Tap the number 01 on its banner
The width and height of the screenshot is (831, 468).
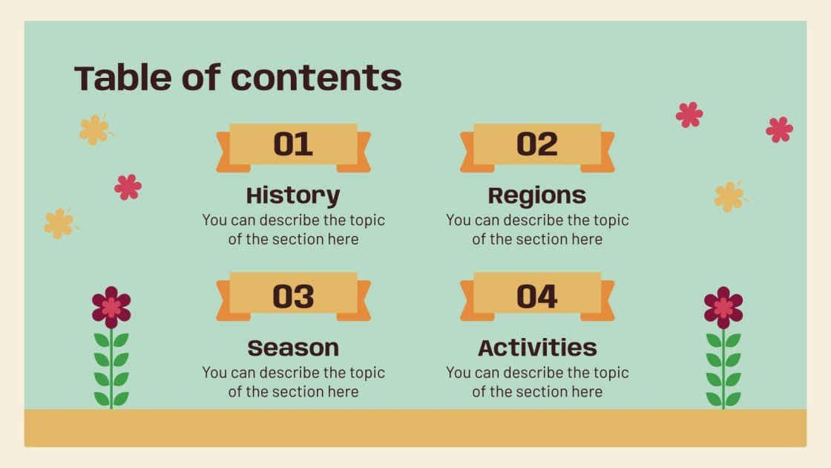[293, 144]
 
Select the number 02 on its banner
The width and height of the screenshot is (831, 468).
[537, 144]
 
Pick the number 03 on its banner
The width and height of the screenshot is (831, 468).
[293, 296]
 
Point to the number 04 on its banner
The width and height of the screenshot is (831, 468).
[537, 296]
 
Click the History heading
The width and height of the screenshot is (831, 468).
[293, 195]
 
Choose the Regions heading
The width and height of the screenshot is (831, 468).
[537, 195]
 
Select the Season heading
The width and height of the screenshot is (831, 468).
[293, 348]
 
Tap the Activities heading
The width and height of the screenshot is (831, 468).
[537, 348]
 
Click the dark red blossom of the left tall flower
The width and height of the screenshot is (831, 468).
[111, 307]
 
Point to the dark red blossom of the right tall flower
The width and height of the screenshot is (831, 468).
[723, 307]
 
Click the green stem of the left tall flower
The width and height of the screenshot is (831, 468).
[111, 371]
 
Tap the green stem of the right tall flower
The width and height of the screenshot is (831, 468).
[723, 371]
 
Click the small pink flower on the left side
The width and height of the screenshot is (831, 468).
[128, 187]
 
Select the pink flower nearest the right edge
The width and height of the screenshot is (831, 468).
[779, 130]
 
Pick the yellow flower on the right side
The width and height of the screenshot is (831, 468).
[729, 196]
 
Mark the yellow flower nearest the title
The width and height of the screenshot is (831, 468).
[94, 129]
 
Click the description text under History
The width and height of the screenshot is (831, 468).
[293, 230]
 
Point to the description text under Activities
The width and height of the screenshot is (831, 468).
[537, 382]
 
